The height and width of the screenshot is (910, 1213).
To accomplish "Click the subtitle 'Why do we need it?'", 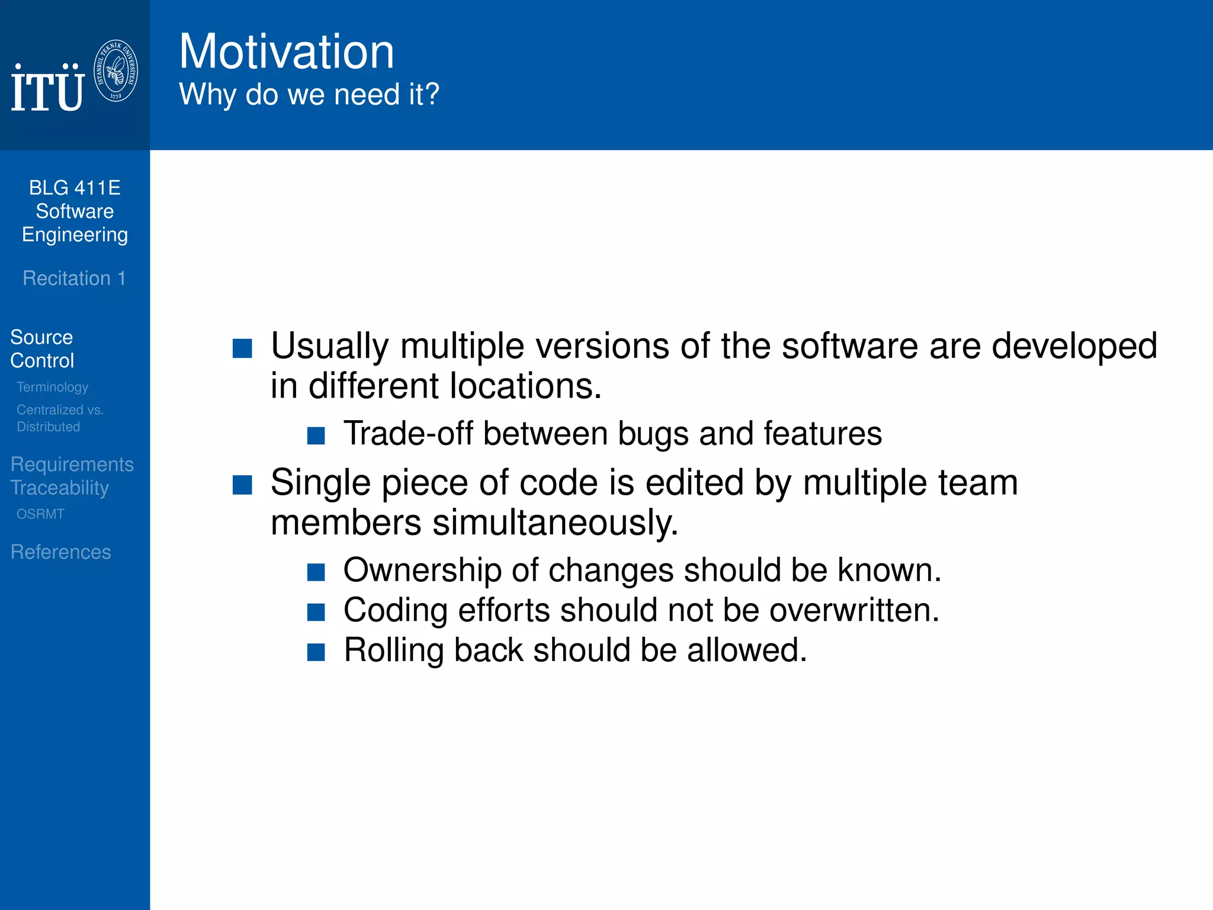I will pos(309,94).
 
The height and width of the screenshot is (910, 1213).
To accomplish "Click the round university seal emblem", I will pos(116,71).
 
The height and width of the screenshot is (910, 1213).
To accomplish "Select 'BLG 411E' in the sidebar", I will pos(75,188).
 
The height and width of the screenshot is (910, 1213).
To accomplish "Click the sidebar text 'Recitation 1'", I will pos(74,278).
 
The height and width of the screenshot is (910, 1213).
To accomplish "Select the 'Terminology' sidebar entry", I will pos(52,387).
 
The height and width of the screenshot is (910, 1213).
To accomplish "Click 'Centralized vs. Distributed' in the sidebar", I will pos(59,418).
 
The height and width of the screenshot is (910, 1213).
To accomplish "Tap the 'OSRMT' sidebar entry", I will pos(40,514).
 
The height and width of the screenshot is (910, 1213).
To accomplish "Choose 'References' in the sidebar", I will pos(60,552).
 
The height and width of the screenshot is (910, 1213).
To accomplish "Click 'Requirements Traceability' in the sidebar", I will pos(72,476).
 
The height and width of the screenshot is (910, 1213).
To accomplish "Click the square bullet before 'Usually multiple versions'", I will pos(242,348).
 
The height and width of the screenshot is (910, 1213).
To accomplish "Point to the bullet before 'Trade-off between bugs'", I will pos(316,436).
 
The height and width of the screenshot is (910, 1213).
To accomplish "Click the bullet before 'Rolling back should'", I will pos(316,652).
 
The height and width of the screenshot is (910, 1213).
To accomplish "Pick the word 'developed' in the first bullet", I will pos(1074,346).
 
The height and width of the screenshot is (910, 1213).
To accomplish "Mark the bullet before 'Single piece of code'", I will pos(242,485).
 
